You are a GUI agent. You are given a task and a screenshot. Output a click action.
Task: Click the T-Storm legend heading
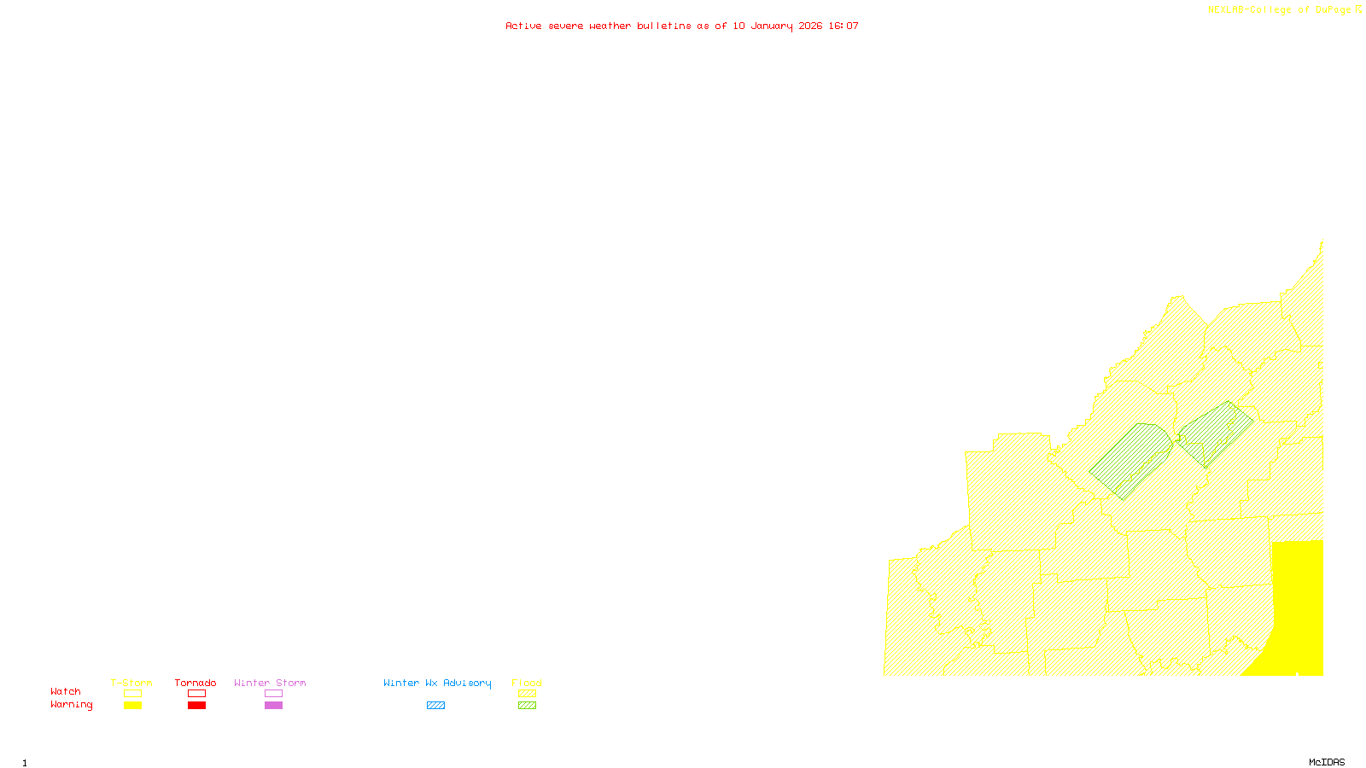pos(131,683)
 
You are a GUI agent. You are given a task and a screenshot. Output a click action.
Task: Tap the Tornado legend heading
pos(196,683)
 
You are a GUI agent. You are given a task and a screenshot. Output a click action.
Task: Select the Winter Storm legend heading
pos(270,683)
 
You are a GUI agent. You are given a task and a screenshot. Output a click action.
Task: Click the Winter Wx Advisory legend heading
pos(437,683)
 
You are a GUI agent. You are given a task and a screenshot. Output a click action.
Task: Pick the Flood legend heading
pos(527,683)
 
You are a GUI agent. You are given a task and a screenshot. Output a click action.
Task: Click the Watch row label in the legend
pos(66,691)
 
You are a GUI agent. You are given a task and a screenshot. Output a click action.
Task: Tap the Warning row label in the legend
pos(72,705)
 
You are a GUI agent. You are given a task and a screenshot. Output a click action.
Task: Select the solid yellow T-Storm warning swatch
pos(132,706)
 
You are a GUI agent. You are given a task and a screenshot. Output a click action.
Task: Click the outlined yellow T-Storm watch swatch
pos(132,694)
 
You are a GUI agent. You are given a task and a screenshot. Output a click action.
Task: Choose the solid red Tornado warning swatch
pos(196,706)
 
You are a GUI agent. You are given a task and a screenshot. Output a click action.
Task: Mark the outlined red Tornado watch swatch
pos(196,694)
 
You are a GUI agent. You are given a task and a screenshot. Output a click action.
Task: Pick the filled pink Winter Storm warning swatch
pos(273,706)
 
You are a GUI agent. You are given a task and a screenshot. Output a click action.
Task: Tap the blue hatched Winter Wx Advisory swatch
pos(435,706)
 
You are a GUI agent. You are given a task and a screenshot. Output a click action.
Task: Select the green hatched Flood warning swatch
pos(527,706)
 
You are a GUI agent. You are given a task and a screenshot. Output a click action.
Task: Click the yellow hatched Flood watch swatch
pos(527,694)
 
